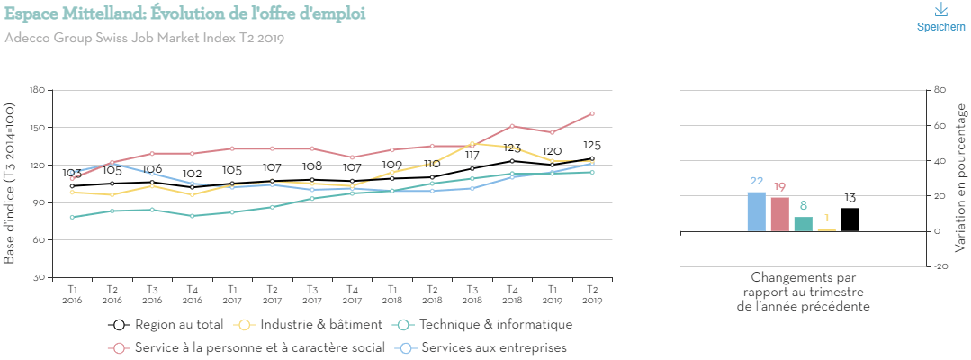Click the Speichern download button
click(940, 17)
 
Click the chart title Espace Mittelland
click(184, 14)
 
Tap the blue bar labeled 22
click(757, 211)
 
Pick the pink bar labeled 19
click(780, 214)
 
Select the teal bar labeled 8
click(804, 224)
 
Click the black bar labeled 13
click(850, 220)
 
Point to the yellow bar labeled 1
click(827, 229)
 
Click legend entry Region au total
click(167, 325)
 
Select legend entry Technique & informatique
click(486, 325)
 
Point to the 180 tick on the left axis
click(37, 90)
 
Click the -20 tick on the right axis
click(941, 266)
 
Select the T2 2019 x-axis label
click(592, 293)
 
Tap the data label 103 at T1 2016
click(72, 173)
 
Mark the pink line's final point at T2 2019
click(592, 113)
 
